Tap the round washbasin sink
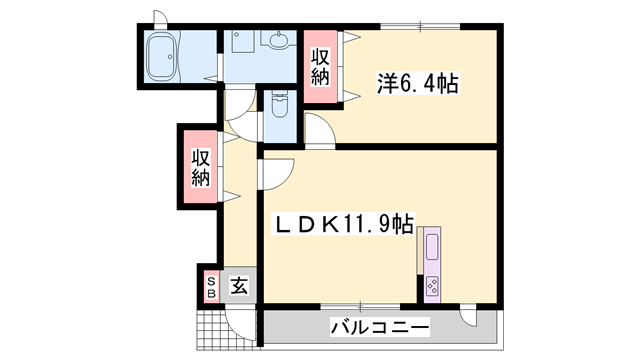click(x=277, y=42)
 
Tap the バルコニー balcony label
click(x=379, y=327)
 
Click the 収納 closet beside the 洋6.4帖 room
click(x=320, y=67)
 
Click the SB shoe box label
click(x=211, y=287)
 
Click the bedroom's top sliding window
click(x=420, y=26)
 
